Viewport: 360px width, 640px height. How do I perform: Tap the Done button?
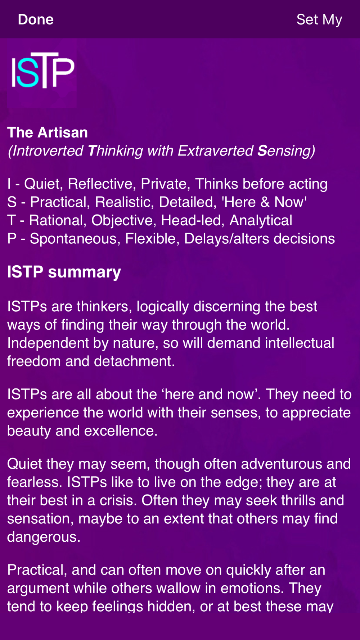point(36,19)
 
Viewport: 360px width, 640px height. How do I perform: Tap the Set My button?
point(319,20)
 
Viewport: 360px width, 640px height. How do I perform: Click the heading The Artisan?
point(48,132)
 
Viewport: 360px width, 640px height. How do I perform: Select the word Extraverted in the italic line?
point(215,151)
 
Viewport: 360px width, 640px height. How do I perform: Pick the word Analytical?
point(261,221)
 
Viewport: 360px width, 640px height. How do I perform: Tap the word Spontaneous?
point(75,239)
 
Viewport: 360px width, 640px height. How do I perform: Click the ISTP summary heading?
point(64,272)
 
